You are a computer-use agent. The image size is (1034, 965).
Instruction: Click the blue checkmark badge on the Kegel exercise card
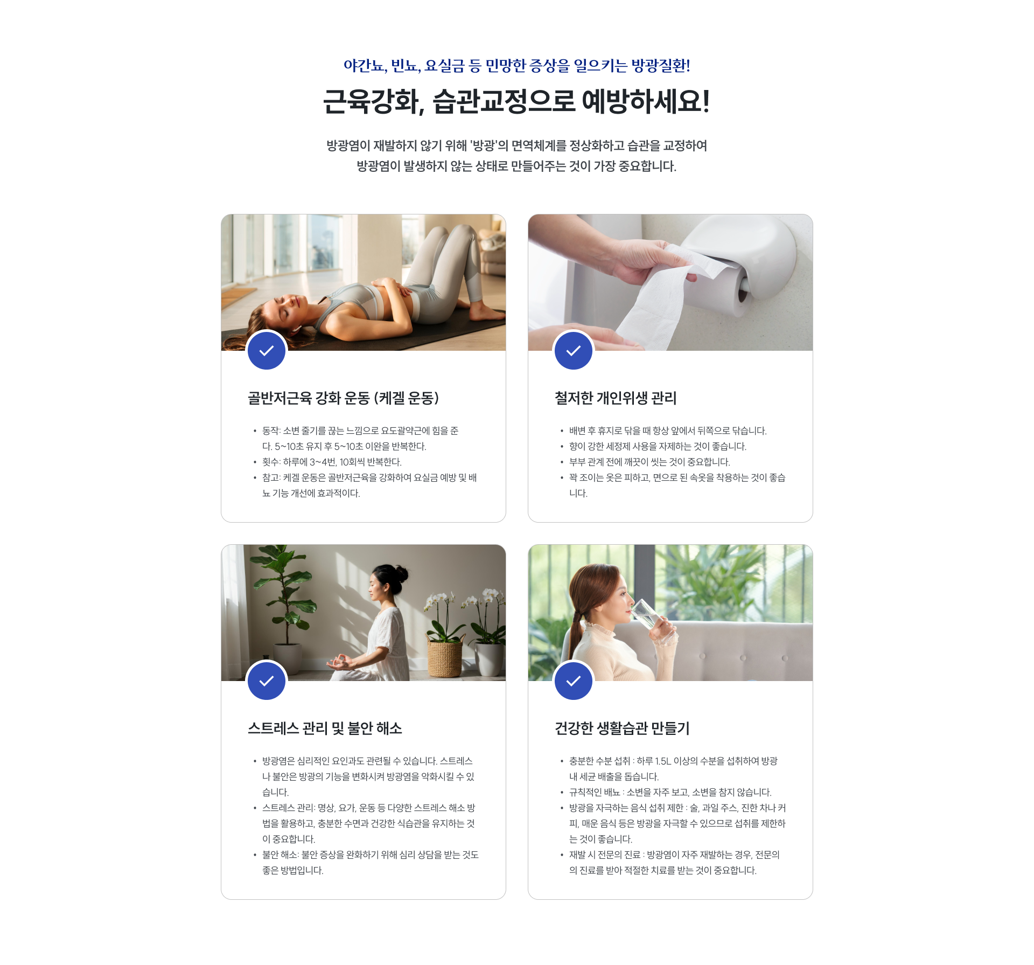(x=267, y=350)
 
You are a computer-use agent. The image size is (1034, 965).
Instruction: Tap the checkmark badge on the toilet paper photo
(x=574, y=350)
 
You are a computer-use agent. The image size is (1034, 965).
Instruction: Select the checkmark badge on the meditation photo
(x=267, y=681)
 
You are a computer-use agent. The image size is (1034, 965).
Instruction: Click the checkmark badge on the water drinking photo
(x=574, y=681)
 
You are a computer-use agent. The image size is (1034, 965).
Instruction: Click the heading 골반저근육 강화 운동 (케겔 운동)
(x=343, y=398)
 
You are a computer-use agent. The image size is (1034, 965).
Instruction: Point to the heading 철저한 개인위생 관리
(x=616, y=398)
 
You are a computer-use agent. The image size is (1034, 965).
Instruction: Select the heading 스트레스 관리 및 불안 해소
(x=325, y=728)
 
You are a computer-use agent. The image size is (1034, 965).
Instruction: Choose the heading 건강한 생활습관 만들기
(x=622, y=728)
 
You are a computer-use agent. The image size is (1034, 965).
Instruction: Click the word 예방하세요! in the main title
(x=646, y=101)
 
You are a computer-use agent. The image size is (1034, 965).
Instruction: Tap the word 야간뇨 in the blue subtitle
(x=364, y=66)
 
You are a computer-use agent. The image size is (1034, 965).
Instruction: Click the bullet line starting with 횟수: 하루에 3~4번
(x=332, y=462)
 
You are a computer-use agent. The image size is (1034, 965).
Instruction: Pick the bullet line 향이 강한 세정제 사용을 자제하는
(x=658, y=447)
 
